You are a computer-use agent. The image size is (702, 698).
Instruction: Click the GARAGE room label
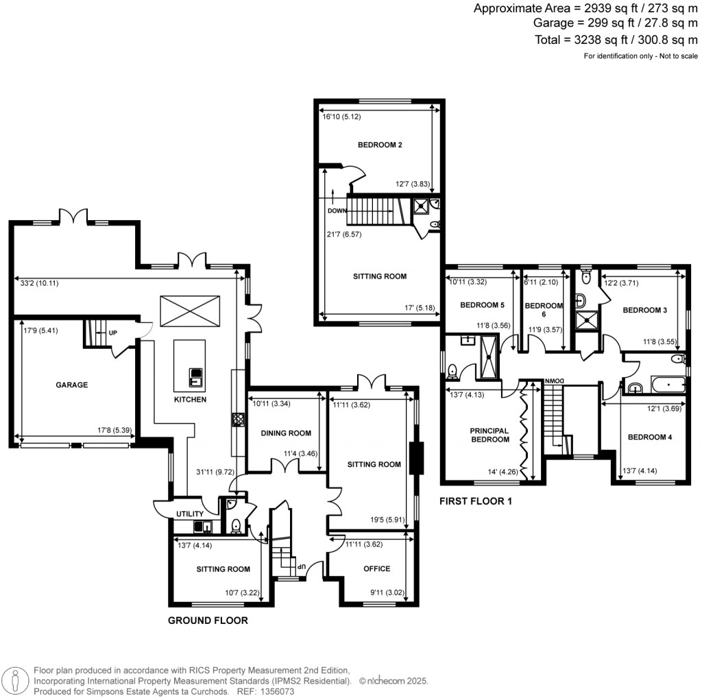(71, 385)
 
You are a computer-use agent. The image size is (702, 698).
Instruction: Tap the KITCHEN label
(191, 399)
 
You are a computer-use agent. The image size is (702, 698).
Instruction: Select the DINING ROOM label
(286, 433)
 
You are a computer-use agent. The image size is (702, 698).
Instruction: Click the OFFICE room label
(377, 568)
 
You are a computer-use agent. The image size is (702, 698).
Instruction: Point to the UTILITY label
(190, 514)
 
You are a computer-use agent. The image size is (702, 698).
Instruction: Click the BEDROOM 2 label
(380, 145)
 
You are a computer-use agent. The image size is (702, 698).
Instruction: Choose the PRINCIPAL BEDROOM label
(489, 435)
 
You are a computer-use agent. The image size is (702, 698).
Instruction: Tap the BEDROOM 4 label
(650, 437)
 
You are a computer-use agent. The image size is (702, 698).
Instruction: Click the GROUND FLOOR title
(208, 621)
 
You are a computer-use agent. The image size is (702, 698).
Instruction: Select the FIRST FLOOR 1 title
(476, 501)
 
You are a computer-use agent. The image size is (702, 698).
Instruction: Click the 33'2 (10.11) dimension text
(39, 283)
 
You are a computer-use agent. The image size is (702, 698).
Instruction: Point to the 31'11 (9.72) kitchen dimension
(215, 472)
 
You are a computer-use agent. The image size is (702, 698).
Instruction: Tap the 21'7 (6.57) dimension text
(344, 234)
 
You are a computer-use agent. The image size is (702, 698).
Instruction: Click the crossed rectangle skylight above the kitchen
(191, 311)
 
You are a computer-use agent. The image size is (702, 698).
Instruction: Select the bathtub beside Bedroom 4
(668, 385)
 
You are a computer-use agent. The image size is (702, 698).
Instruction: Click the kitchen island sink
(196, 377)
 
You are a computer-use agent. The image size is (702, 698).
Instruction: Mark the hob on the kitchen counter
(238, 420)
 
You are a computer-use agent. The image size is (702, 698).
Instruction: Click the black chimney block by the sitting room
(417, 458)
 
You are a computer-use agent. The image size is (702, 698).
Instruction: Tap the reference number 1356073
(278, 692)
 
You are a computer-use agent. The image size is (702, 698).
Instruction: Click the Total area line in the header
(616, 40)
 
